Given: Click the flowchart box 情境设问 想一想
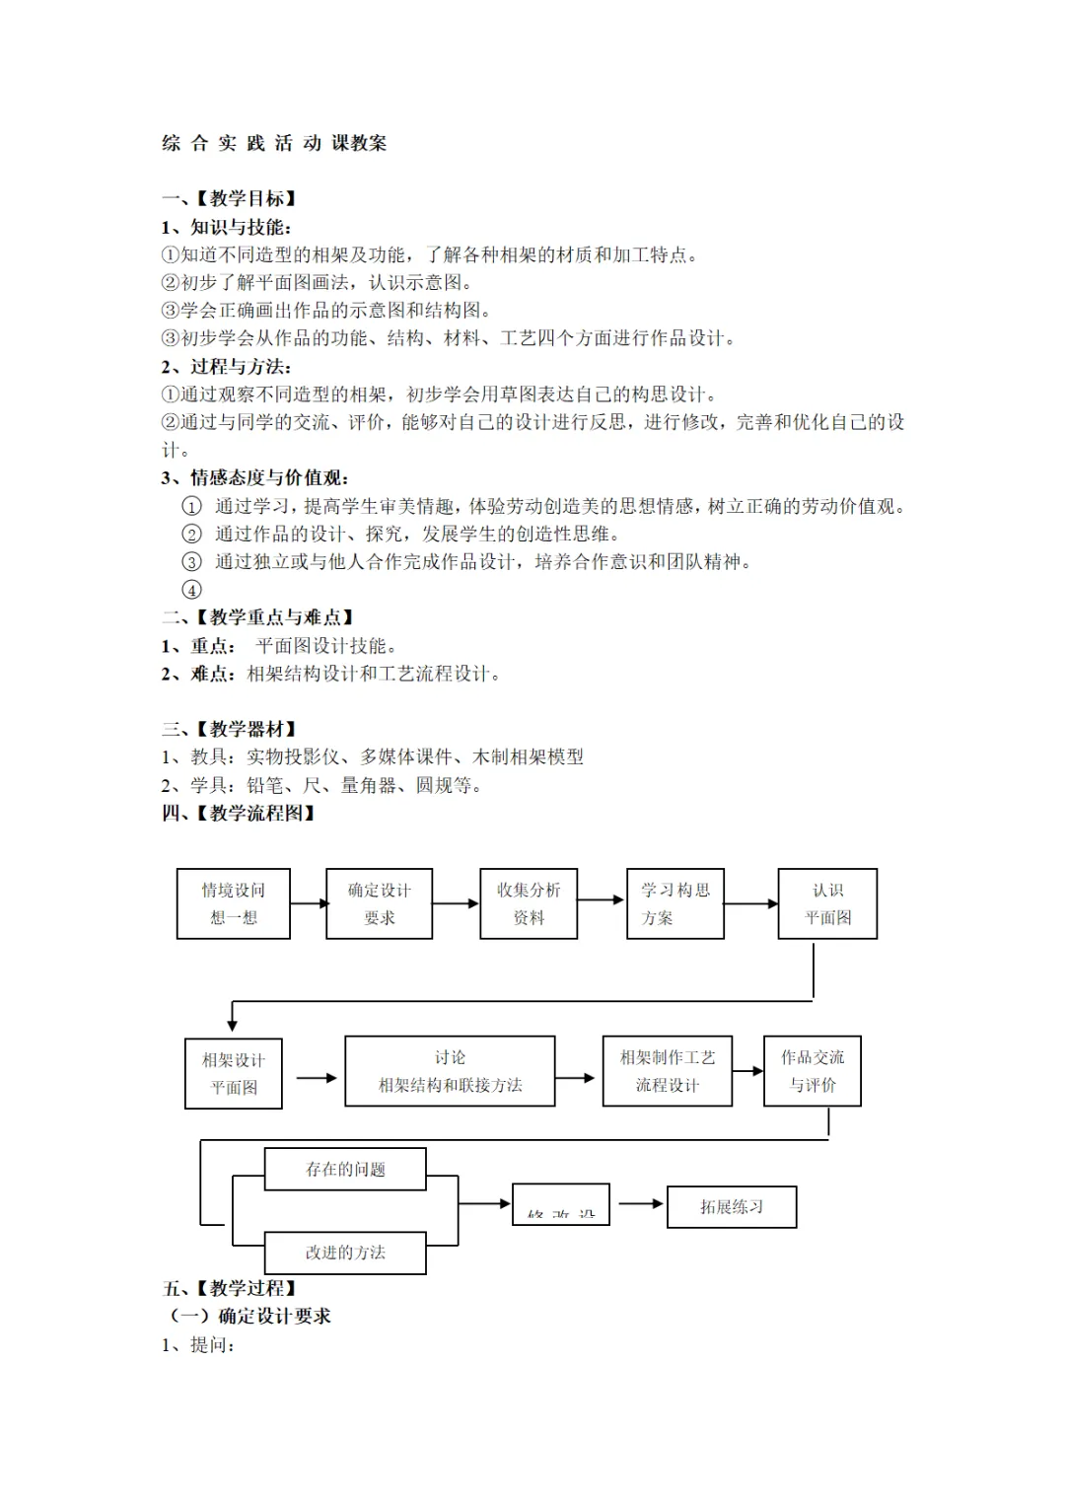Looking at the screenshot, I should (234, 903).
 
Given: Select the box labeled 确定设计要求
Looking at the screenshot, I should (380, 903).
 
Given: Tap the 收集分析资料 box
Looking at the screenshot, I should (529, 903).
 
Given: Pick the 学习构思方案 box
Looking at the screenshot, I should (675, 903).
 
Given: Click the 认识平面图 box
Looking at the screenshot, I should (827, 903).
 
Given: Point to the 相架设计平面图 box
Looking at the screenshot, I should (234, 1073).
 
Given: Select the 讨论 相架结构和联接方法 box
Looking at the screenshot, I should (450, 1071).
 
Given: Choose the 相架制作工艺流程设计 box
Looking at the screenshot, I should (668, 1071).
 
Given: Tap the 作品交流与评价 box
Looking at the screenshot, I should (813, 1071).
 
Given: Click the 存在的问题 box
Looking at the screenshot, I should (345, 1169).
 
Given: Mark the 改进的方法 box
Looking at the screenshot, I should (345, 1253).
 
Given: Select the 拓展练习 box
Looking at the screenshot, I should (732, 1206).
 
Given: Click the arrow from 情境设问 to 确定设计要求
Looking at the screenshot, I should (309, 903).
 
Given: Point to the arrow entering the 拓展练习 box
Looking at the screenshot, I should (641, 1203).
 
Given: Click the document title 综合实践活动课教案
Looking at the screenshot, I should (274, 143).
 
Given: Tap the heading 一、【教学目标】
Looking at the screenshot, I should (230, 198).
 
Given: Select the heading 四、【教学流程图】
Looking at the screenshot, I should (239, 813).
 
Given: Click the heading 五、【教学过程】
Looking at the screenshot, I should (230, 1288).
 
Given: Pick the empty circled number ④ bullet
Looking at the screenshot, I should (192, 590).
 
